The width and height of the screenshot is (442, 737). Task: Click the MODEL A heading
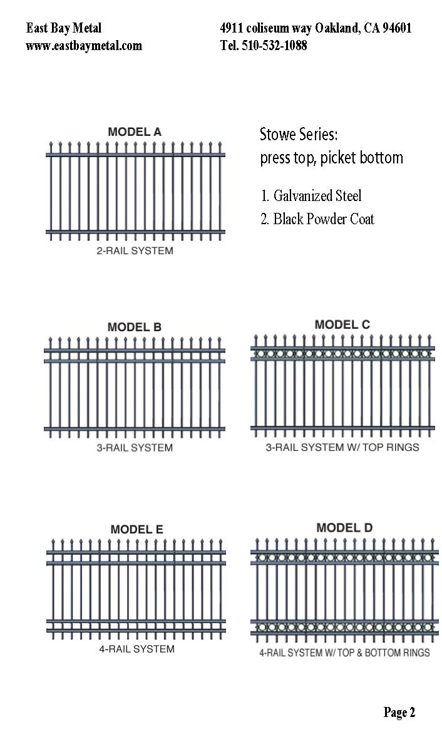click(x=135, y=132)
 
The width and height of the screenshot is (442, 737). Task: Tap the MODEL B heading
click(x=135, y=327)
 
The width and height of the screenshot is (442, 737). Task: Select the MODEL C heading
click(x=342, y=324)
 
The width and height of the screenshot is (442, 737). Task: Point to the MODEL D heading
click(x=344, y=528)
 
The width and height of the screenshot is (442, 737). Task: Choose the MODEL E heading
click(x=136, y=530)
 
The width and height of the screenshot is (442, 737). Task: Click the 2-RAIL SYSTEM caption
click(x=135, y=250)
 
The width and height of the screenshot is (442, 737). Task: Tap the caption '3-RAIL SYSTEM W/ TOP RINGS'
click(x=342, y=447)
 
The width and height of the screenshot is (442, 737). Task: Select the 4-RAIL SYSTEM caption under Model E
click(x=136, y=649)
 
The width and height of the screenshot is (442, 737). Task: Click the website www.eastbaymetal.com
click(x=84, y=46)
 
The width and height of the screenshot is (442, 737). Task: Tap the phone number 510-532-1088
click(x=274, y=46)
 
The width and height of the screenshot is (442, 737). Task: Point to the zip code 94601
click(x=397, y=28)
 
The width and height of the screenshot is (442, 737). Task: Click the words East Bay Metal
click(x=64, y=28)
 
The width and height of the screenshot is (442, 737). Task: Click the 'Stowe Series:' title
click(x=299, y=135)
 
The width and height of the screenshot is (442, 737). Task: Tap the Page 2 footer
click(x=399, y=713)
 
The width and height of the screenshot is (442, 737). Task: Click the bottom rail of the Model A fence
click(x=135, y=232)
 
